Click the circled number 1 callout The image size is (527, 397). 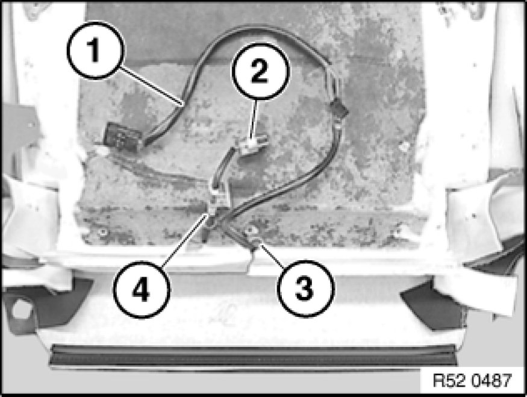96,51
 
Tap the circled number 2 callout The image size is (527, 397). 260,71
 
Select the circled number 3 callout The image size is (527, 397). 306,288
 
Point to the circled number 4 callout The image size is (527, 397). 141,289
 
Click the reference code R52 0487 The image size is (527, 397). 472,381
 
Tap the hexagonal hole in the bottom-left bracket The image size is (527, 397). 22,308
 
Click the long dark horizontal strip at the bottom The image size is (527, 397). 254,355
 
